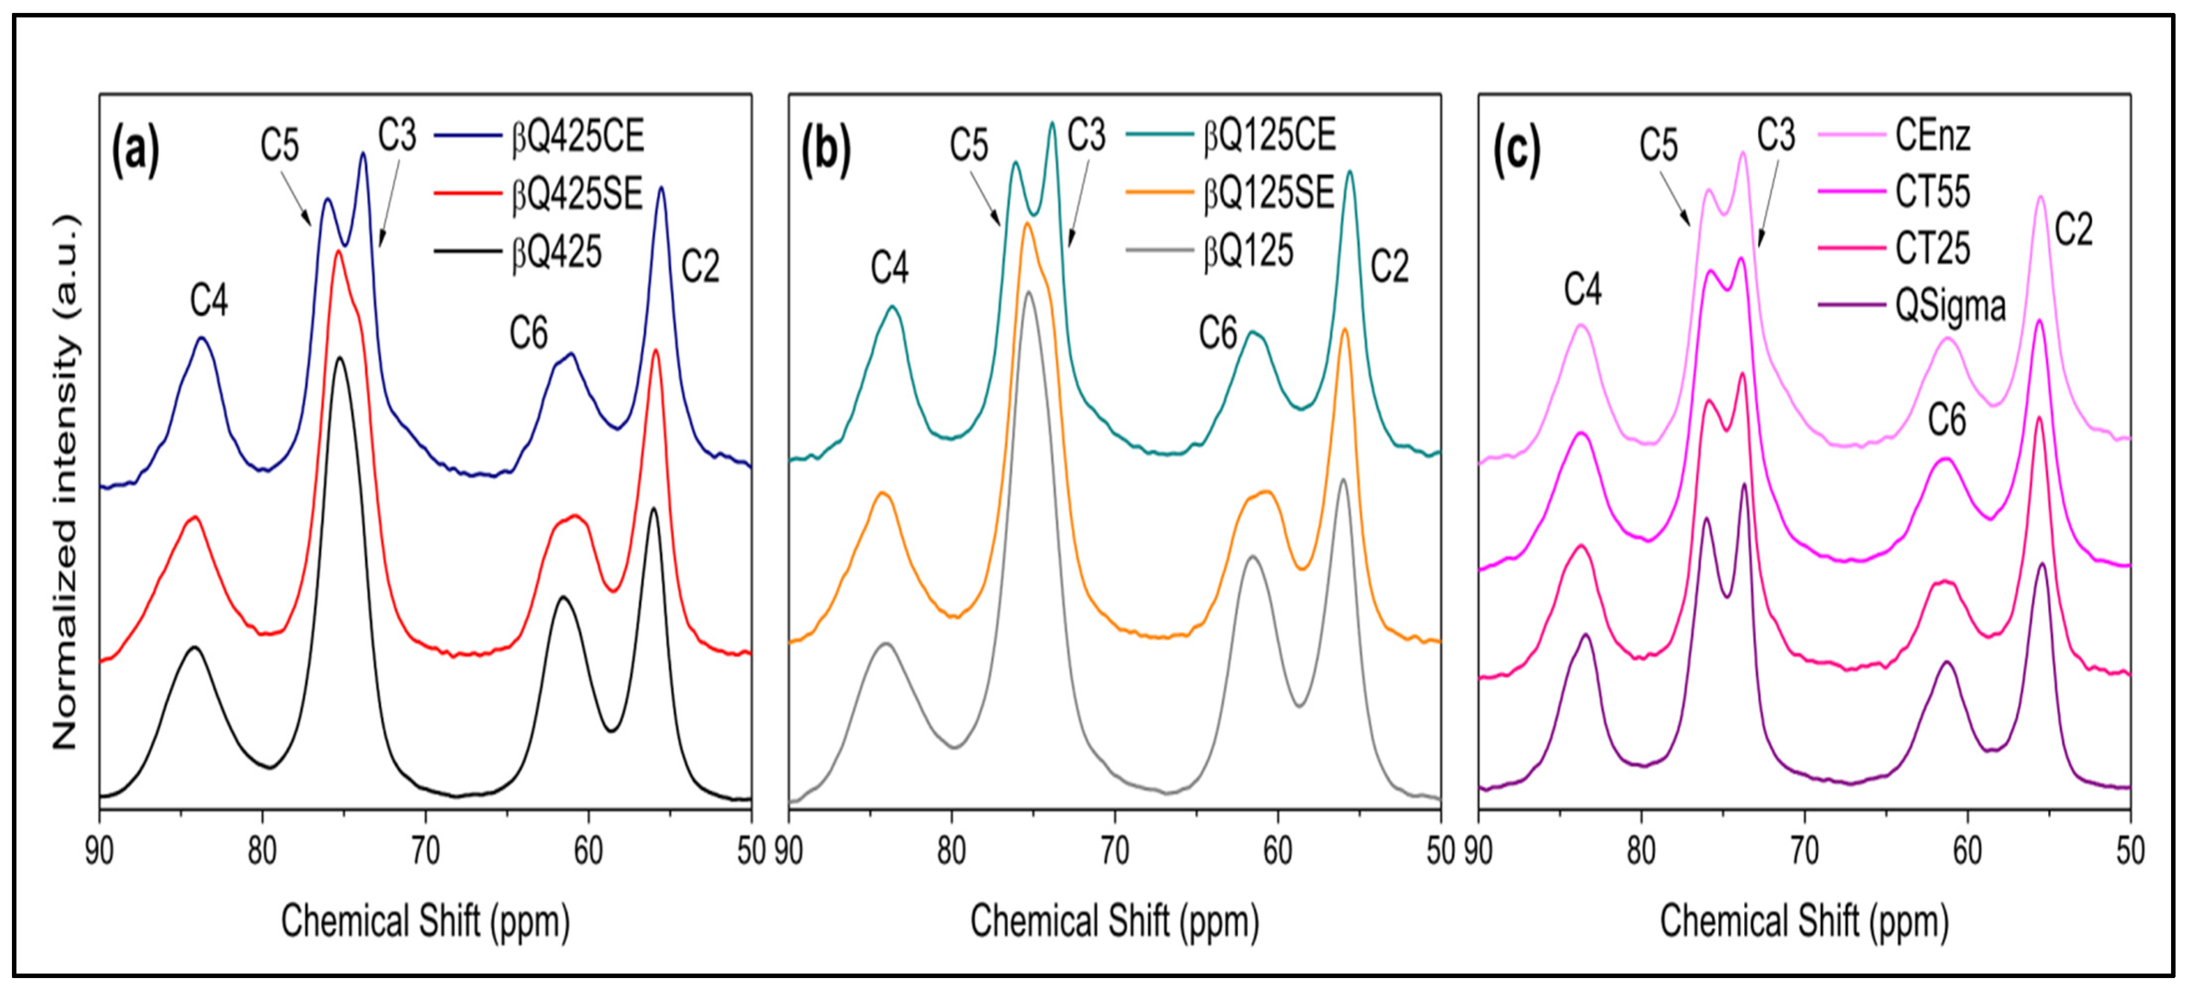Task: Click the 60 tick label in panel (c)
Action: tap(1967, 851)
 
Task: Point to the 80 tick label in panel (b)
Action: tap(952, 851)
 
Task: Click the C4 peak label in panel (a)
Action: tap(209, 301)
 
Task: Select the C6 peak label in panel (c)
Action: tap(1947, 420)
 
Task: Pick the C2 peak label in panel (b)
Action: tap(1390, 267)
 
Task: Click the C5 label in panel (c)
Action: tap(1658, 145)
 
